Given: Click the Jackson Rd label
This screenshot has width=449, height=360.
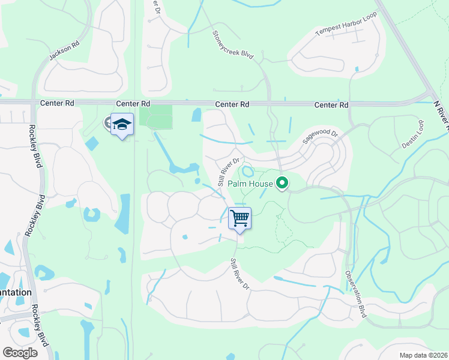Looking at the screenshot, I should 64,50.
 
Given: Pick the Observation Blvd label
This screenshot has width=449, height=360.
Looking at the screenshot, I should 355,293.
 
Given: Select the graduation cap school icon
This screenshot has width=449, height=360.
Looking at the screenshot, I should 122,124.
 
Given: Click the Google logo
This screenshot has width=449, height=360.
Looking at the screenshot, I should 20,352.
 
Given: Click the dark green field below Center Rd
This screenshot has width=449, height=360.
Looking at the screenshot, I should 155,116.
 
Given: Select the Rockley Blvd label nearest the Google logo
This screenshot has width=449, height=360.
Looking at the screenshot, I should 40,329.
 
